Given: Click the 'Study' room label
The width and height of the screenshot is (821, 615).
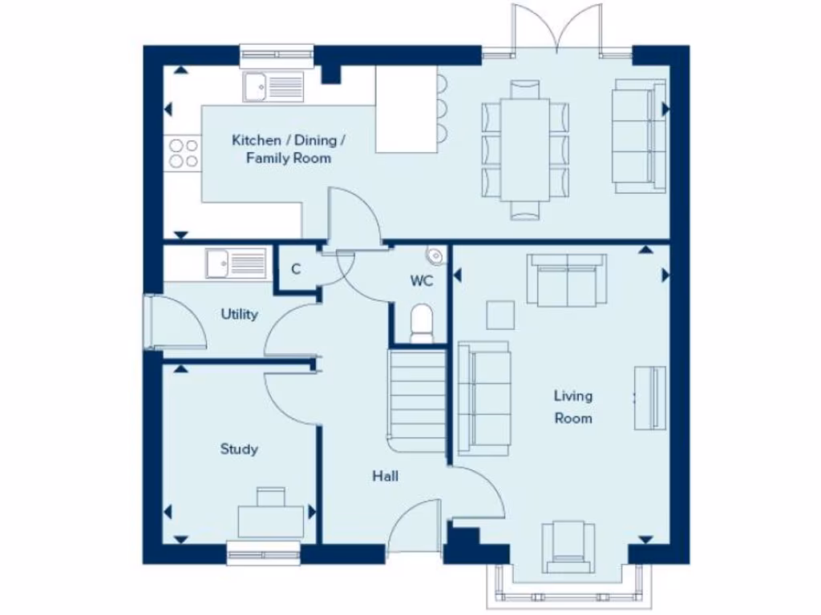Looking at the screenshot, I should (x=239, y=449).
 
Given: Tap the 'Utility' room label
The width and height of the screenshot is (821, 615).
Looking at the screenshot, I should (x=239, y=314).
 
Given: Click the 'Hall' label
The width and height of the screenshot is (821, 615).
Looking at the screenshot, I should (x=385, y=476).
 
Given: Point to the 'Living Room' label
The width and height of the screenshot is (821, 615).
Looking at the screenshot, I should (x=573, y=407).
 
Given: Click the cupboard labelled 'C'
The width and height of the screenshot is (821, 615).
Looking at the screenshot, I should (x=296, y=269).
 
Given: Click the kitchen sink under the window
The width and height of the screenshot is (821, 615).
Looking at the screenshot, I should (x=275, y=86).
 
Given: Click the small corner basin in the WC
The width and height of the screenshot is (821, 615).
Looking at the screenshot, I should (x=436, y=255).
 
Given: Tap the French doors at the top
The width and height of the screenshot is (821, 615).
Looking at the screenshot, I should (x=557, y=30).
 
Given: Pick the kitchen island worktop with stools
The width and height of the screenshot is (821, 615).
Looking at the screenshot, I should (x=406, y=109).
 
